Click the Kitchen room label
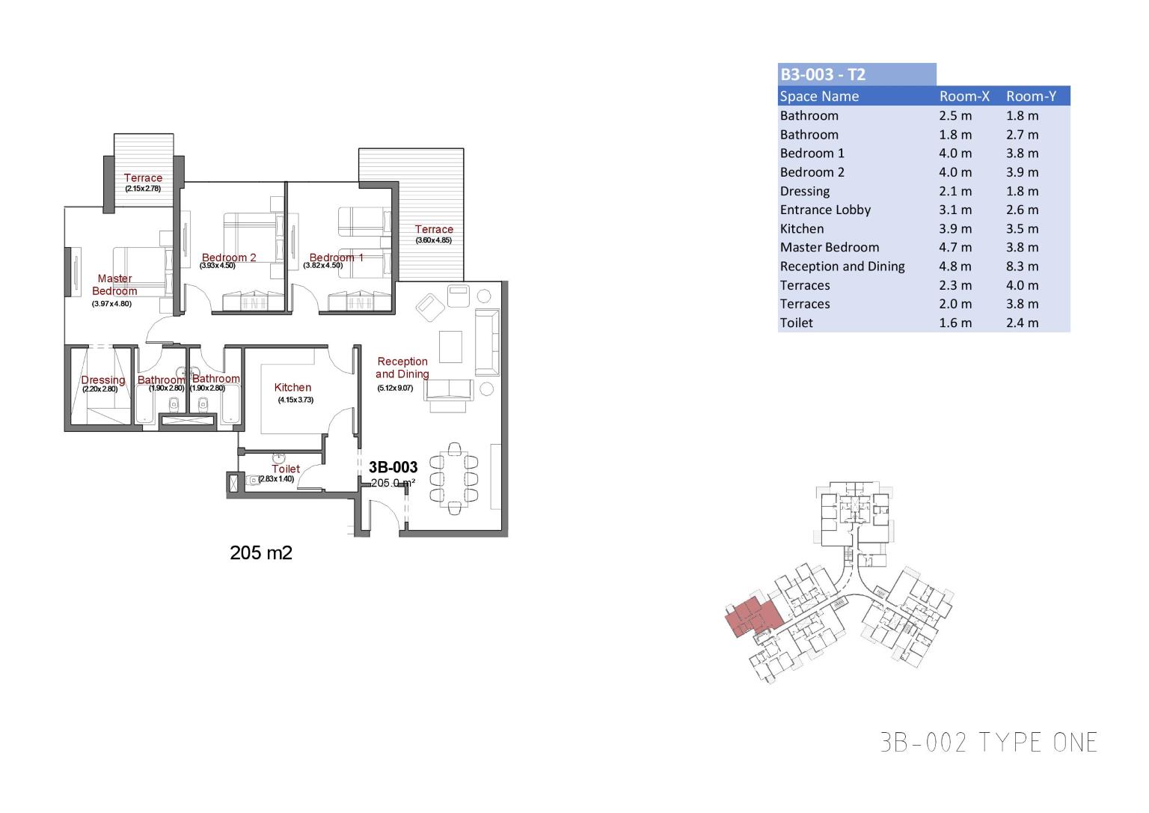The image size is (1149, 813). click(292, 387)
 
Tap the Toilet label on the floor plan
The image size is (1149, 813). click(286, 469)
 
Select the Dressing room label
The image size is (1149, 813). click(103, 380)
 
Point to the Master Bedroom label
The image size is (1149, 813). click(114, 284)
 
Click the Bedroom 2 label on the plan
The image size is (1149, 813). click(229, 258)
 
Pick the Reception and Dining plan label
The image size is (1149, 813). click(402, 368)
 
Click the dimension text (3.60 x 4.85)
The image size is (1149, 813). click(434, 240)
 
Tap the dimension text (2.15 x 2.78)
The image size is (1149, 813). click(143, 189)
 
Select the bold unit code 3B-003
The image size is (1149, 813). click(393, 466)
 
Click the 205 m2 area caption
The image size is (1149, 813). click(261, 552)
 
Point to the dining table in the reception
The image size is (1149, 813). click(454, 478)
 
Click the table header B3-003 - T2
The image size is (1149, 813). click(823, 74)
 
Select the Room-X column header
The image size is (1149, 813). click(964, 96)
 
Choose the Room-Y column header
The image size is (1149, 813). click(1031, 96)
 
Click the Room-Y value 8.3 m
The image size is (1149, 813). click(1023, 266)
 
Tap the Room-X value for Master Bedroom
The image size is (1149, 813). click(956, 247)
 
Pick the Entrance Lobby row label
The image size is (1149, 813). click(825, 210)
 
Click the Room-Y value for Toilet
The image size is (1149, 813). click(1023, 323)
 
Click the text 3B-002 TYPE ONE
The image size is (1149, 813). click(989, 742)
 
